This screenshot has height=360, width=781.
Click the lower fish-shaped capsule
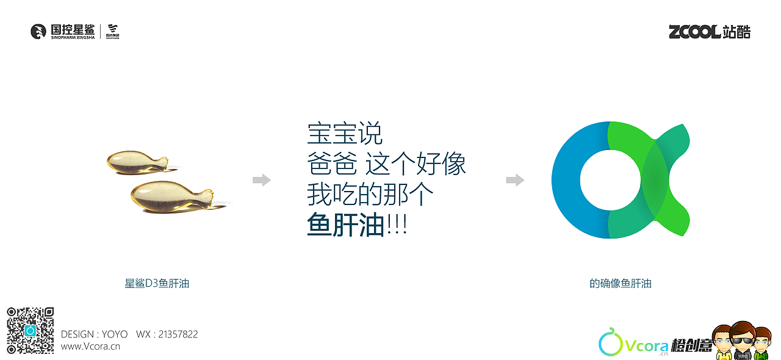point(168,196)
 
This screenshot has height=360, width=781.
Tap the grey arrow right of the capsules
point(262,180)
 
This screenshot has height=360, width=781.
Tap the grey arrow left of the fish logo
point(515,180)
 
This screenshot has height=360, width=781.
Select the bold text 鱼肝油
point(345,226)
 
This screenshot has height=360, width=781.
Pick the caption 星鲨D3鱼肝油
point(157,284)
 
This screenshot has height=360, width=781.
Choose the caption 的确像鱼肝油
point(621,284)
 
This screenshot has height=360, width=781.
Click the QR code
point(31,330)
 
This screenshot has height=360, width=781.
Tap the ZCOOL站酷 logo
point(710,32)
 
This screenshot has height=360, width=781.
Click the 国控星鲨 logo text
point(72,30)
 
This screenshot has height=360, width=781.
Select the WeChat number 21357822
point(178,334)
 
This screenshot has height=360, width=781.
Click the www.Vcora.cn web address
point(90,347)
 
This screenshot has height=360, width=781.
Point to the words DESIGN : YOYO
point(95,334)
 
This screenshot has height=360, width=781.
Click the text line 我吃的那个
point(370,196)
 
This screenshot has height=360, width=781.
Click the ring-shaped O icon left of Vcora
point(611,344)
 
